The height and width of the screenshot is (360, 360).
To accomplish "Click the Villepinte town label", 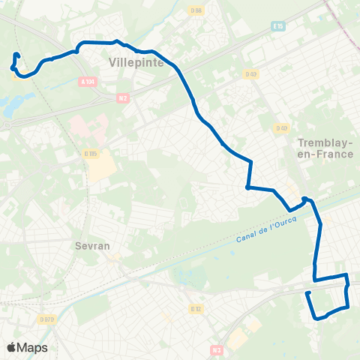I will point(136,63).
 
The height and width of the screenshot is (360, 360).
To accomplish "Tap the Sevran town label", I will point(93,245).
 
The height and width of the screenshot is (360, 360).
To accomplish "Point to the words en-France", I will point(325,154).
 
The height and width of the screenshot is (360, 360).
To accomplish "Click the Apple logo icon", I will point(12,347).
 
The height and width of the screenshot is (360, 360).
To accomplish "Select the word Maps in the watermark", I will point(33,347).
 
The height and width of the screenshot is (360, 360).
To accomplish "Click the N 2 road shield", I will point(123,97).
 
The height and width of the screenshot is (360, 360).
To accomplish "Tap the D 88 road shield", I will point(197,10).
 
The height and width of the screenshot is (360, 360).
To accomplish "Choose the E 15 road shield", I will point(279,25).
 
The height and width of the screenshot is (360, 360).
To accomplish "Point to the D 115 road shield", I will point(91,154).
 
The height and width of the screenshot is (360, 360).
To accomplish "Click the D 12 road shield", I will point(196,308).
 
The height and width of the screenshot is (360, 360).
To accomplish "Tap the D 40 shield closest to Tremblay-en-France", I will point(282,127).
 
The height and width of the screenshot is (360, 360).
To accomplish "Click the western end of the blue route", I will point(16,55).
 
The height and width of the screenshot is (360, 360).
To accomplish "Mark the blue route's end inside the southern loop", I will point(307,292).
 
